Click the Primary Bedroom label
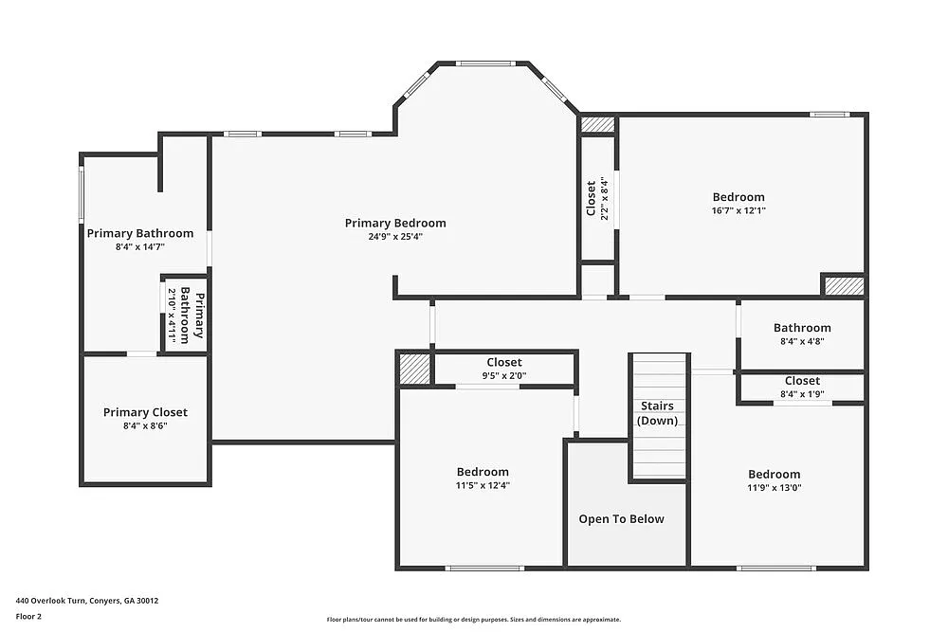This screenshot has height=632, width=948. click(394, 224)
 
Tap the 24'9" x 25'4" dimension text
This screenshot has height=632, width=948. click(394, 237)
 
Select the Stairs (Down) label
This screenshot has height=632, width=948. click(657, 413)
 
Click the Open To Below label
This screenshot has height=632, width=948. click(621, 519)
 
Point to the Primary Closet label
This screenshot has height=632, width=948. click(145, 412)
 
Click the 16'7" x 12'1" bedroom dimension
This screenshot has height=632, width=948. click(738, 210)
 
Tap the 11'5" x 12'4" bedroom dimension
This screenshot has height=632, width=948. click(483, 485)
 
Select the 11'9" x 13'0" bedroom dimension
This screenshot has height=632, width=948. click(774, 488)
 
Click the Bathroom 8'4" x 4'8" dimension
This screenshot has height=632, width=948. click(801, 341)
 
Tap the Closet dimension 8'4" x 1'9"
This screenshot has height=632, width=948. click(801, 394)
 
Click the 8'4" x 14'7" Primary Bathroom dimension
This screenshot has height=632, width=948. click(139, 246)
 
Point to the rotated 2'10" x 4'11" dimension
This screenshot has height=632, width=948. click(173, 314)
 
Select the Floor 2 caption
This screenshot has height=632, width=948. click(28, 616)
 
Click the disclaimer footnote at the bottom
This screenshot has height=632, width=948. click(473, 619)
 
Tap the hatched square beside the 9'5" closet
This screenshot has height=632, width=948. click(413, 369)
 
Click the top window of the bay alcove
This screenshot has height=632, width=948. click(485, 63)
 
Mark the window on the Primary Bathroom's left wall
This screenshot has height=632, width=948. click(82, 195)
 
